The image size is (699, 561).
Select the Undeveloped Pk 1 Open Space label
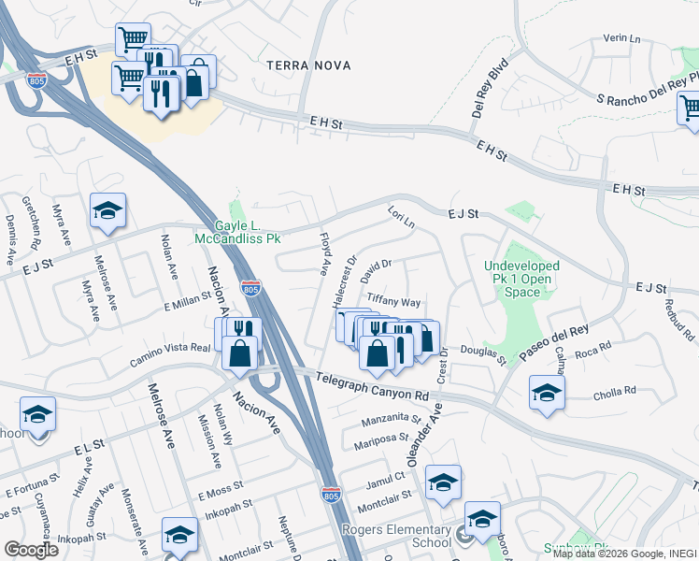(x=521, y=279)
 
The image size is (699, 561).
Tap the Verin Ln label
(x=621, y=39)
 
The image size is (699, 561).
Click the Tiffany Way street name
(x=393, y=302)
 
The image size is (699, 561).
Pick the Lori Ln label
(x=401, y=220)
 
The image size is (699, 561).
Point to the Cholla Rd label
(x=615, y=391)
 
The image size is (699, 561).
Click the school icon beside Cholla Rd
(x=547, y=393)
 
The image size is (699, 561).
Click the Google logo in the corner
(x=30, y=549)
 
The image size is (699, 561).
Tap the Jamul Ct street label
(x=385, y=478)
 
